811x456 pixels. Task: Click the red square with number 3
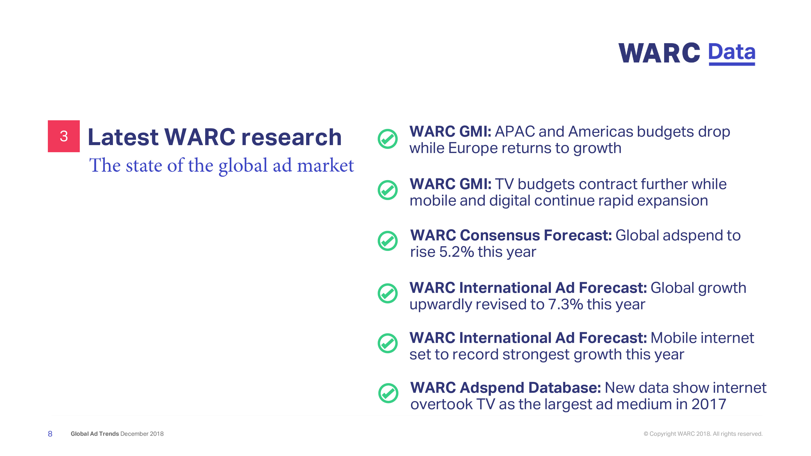tap(64, 136)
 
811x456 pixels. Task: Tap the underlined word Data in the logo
tap(732, 54)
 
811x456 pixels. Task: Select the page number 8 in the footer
tap(50, 434)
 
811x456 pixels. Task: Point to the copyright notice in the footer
tap(703, 434)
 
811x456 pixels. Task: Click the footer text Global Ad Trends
tap(95, 434)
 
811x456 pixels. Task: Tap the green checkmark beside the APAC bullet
tap(387, 139)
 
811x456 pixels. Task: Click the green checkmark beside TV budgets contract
tap(387, 190)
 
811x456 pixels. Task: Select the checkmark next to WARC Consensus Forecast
tap(387, 241)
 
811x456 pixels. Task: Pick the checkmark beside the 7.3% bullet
tap(387, 293)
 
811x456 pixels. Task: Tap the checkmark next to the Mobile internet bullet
tap(387, 343)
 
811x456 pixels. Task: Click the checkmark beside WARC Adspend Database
tap(388, 393)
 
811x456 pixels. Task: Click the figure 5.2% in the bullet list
tap(457, 252)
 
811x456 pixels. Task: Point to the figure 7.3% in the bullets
tap(565, 304)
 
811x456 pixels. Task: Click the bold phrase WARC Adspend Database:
tap(506, 388)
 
